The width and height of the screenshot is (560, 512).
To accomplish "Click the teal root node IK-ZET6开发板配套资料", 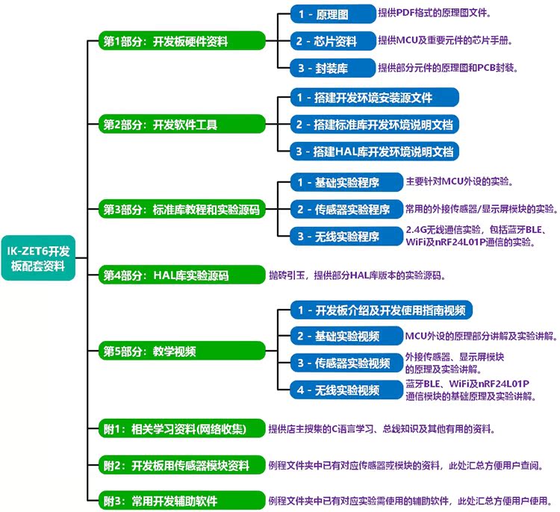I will pos(42,256).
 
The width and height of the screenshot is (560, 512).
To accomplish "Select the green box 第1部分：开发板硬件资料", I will pos(181,40).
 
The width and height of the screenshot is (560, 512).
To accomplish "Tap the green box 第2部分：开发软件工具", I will pos(181,125).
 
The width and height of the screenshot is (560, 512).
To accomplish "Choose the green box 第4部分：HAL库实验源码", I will pos(181,275).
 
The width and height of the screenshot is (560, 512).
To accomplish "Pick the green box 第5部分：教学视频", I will pos(181,350).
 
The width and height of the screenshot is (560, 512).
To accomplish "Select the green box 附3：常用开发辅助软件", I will pos(181,501).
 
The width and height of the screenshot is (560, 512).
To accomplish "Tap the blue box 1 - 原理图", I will pos(332,13).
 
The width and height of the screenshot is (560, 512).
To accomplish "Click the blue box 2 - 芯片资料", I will pos(332,40).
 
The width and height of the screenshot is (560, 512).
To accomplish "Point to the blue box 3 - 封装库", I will pos(332,68).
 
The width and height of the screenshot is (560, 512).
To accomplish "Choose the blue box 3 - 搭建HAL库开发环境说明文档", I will pos(373,152).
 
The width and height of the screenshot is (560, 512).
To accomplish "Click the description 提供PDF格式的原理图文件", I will pos(435,13).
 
